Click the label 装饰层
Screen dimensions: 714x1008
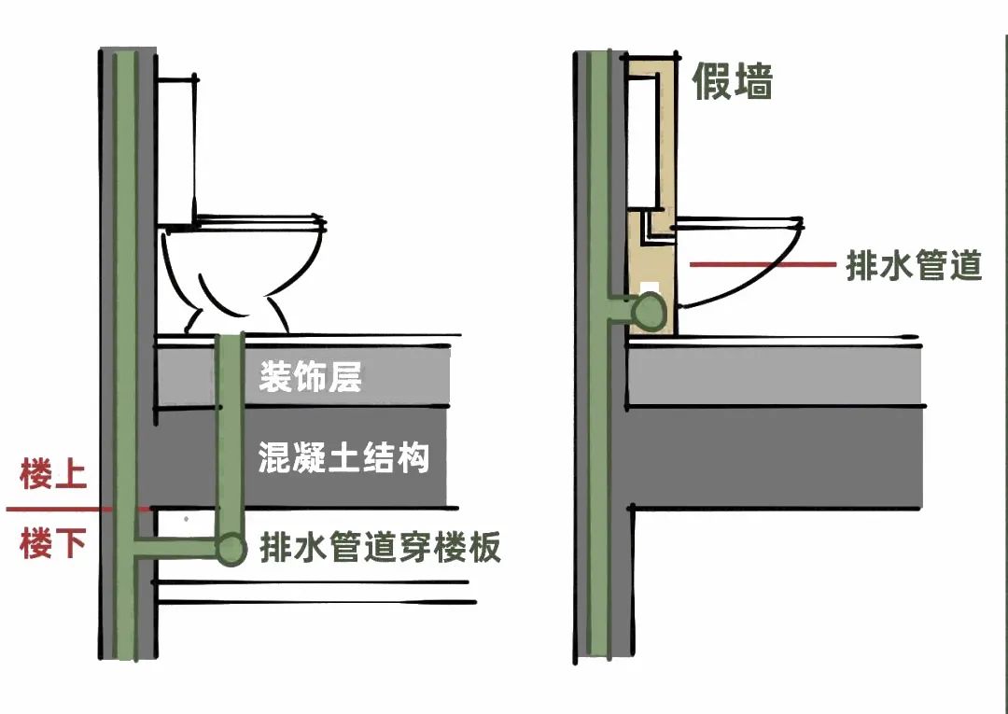pos(310,378)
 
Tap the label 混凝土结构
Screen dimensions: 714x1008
pos(343,458)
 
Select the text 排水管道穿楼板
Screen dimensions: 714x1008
pos(380,546)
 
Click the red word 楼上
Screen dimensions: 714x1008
pos(53,475)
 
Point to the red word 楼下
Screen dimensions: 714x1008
pos(53,542)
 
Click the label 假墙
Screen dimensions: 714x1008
pos(732,82)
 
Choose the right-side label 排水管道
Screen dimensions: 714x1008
pos(913,265)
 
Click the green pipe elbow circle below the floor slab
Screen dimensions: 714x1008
pos(230,549)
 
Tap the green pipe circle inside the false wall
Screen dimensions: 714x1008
pos(648,311)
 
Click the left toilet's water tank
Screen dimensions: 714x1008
pos(176,149)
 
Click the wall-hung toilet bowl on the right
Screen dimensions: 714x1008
pos(737,266)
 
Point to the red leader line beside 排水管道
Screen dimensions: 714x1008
pos(761,265)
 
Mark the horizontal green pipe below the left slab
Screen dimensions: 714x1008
pos(177,548)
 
